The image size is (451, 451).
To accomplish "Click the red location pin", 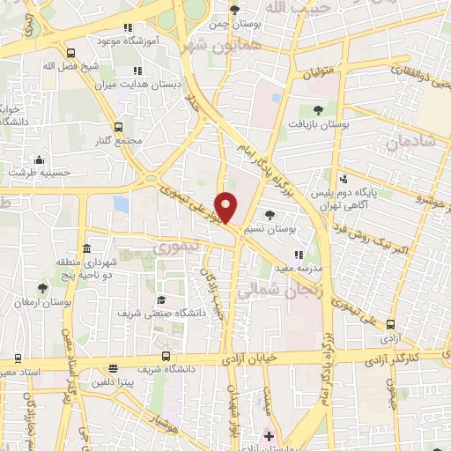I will (226, 207).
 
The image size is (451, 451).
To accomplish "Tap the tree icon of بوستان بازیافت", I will (318, 110).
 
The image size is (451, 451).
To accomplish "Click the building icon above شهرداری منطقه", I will (87, 246).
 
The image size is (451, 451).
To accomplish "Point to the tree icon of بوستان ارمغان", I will (42, 287).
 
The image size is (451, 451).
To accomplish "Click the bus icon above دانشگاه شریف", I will (113, 370).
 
